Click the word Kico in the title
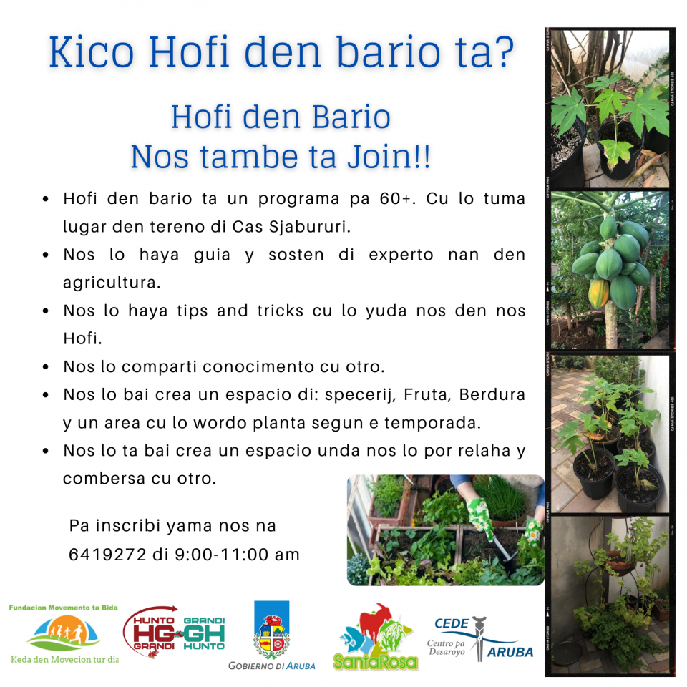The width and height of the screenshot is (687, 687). [x=91, y=52]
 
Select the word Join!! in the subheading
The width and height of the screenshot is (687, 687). [x=389, y=157]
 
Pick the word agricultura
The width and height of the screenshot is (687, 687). [x=112, y=283]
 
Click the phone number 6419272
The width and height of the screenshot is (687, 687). [x=107, y=555]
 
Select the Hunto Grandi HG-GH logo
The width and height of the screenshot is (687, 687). [x=174, y=632]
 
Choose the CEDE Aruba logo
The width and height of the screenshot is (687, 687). [x=480, y=639]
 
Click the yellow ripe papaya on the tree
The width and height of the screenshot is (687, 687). [x=598, y=293]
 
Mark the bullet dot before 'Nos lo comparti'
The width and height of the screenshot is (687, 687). [x=46, y=367]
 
